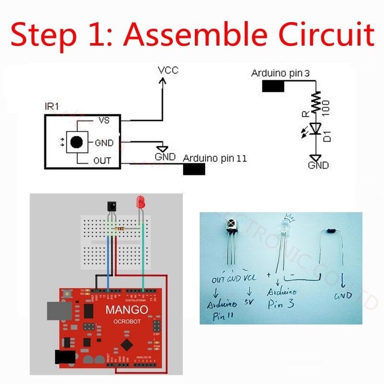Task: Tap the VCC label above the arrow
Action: pyautogui.click(x=168, y=71)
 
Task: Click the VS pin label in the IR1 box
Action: pyautogui.click(x=104, y=120)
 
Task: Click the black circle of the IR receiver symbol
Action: pyautogui.click(x=76, y=142)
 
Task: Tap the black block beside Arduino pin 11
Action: pyautogui.click(x=194, y=169)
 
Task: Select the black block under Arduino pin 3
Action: pyautogui.click(x=274, y=86)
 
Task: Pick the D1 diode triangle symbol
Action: pyautogui.click(x=315, y=129)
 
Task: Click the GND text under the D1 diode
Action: pyautogui.click(x=318, y=166)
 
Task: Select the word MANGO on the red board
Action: pyautogui.click(x=127, y=310)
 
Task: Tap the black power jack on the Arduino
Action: pyautogui.click(x=65, y=358)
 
